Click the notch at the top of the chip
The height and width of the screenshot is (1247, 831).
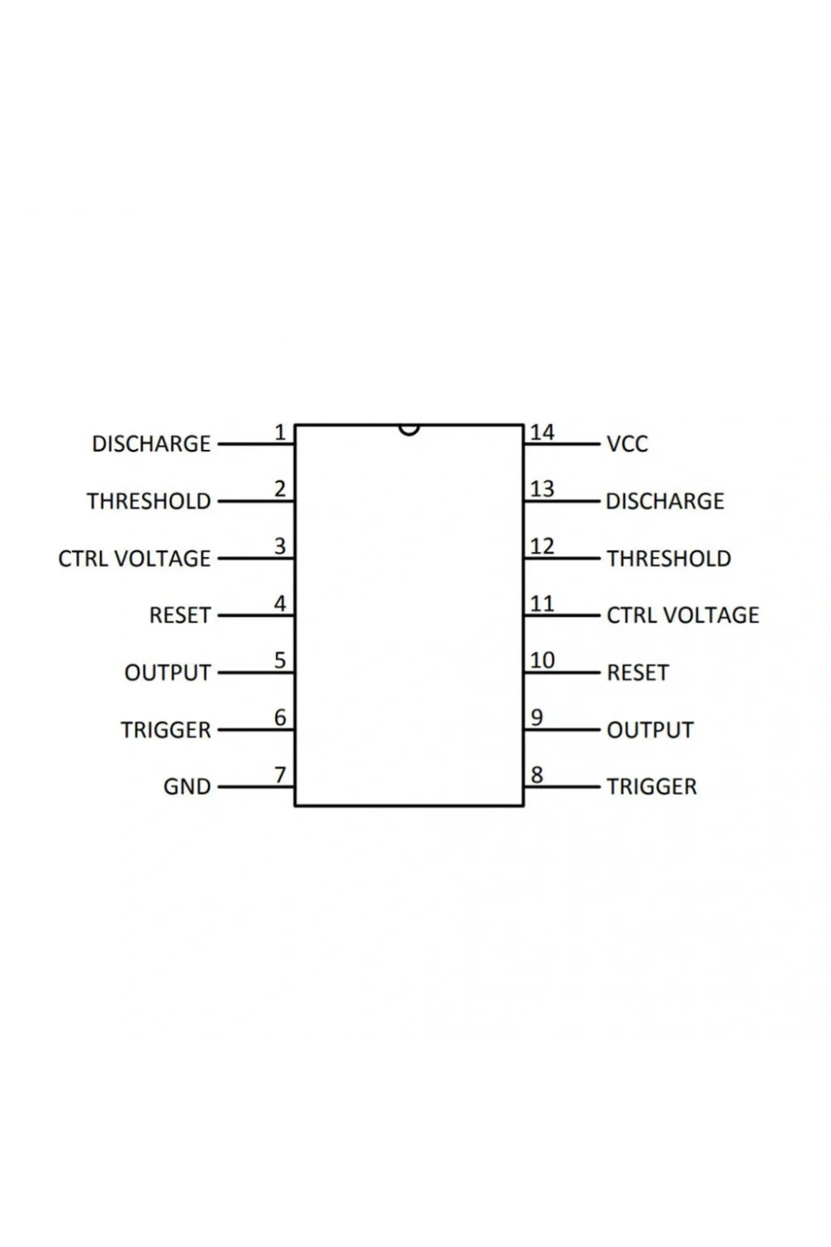coord(409,431)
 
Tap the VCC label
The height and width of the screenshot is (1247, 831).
coord(627,444)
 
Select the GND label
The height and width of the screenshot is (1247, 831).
coord(187,787)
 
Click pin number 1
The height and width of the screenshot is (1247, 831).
coord(281,432)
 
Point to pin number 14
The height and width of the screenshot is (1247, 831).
coord(542,432)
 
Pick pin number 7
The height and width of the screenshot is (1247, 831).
coord(280,774)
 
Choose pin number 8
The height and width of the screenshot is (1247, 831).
coord(537,774)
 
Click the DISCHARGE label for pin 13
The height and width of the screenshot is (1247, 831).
coord(665,501)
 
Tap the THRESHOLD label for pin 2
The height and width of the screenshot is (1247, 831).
coord(150,501)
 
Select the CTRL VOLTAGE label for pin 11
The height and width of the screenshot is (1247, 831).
coord(683,615)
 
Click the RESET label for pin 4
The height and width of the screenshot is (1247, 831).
coord(180,615)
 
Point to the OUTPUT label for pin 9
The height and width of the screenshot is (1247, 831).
coord(650,730)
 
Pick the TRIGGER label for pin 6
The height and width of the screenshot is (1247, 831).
coord(166,730)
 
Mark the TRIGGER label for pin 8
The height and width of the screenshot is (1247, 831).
coord(652,787)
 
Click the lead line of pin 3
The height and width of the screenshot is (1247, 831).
coord(256,559)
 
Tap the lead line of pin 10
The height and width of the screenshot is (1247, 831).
coord(562,673)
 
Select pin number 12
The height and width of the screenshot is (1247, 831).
coord(542,546)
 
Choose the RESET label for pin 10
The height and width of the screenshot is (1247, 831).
coord(638,673)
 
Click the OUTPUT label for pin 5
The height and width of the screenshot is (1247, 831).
coord(168,673)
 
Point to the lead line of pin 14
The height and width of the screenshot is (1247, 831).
coord(562,444)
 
